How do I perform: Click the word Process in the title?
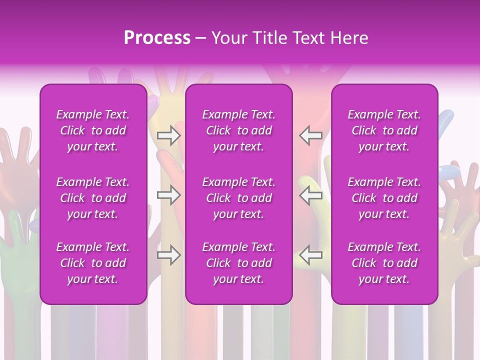(157, 38)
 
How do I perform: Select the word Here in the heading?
(348, 38)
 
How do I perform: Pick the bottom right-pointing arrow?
(168, 255)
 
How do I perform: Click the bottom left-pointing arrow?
(311, 255)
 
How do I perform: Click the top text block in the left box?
(93, 130)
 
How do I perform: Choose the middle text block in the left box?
(93, 198)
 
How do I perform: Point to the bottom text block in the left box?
(93, 263)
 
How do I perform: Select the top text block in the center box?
(238, 130)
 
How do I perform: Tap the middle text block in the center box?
(238, 198)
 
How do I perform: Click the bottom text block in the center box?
(238, 263)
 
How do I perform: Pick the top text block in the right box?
(384, 130)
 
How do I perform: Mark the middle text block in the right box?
(384, 198)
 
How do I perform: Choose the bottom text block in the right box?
(384, 263)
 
